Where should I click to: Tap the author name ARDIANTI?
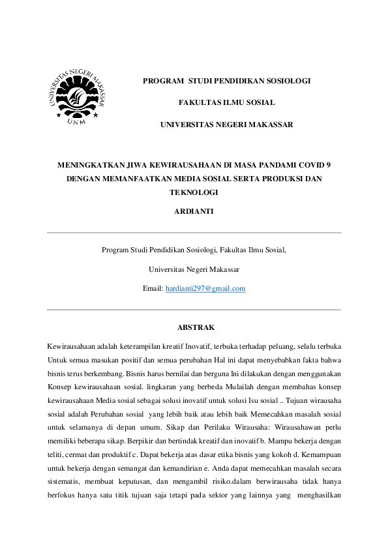click(194, 211)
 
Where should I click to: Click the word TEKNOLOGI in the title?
click(194, 192)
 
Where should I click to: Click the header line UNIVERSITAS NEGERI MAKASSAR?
click(226, 124)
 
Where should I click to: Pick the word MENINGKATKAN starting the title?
click(89, 165)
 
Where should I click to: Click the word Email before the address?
click(151, 288)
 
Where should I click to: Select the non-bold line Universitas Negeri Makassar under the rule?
click(194, 269)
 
